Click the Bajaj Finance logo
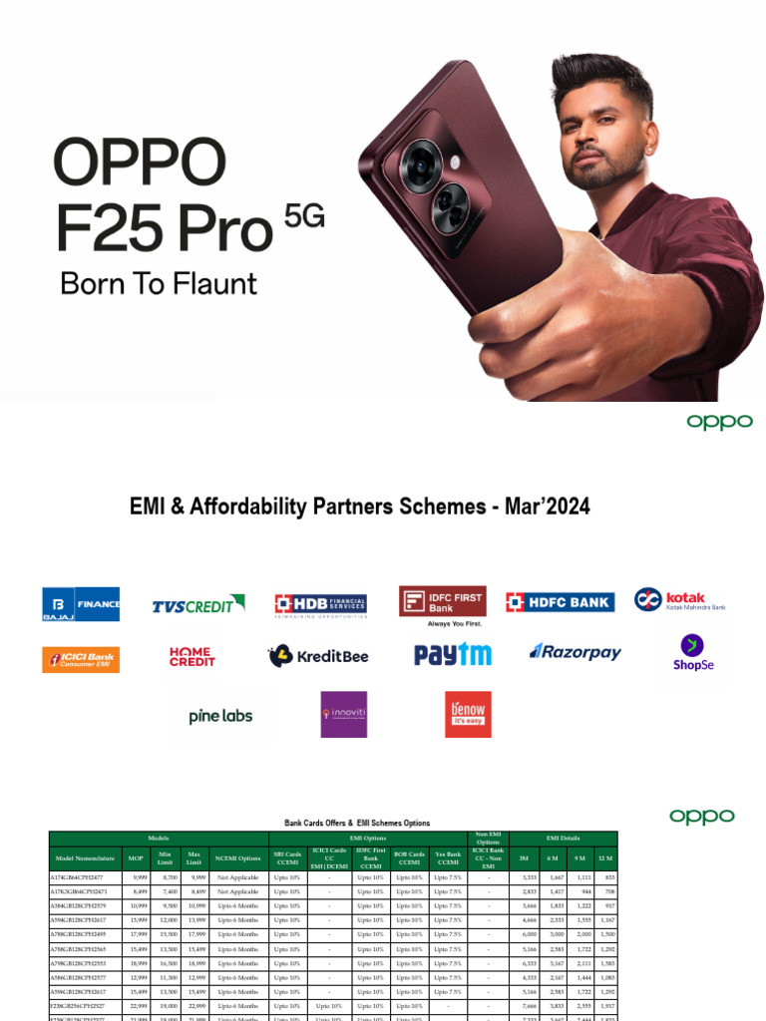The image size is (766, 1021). tap(81, 604)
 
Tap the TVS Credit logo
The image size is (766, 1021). tap(198, 604)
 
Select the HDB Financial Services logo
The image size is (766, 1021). tap(321, 604)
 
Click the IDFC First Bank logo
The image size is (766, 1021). tap(443, 601)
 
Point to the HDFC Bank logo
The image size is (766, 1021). tap(560, 601)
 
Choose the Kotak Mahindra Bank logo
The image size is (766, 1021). tap(680, 600)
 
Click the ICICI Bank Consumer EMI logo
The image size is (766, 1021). tap(81, 659)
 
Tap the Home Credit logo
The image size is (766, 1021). tap(192, 656)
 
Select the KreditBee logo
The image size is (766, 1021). tap(318, 656)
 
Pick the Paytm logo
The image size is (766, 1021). tap(453, 654)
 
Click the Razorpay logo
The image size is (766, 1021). tap(575, 652)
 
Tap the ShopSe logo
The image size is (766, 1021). tap(693, 653)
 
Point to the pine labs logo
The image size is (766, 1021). tap(220, 716)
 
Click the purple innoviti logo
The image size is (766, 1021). tap(343, 714)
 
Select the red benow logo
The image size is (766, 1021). tap(468, 714)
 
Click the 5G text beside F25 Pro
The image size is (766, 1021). tap(305, 217)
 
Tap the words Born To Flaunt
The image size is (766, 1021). tap(159, 283)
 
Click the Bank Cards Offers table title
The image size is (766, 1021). tap(357, 823)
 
